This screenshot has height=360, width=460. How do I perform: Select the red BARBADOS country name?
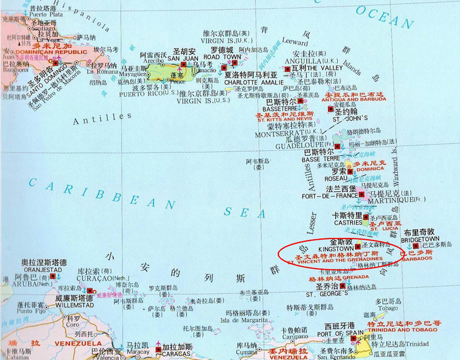click(417, 258)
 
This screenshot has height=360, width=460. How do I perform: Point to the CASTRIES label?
click(348, 223)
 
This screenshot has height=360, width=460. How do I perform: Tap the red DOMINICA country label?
click(370, 169)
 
